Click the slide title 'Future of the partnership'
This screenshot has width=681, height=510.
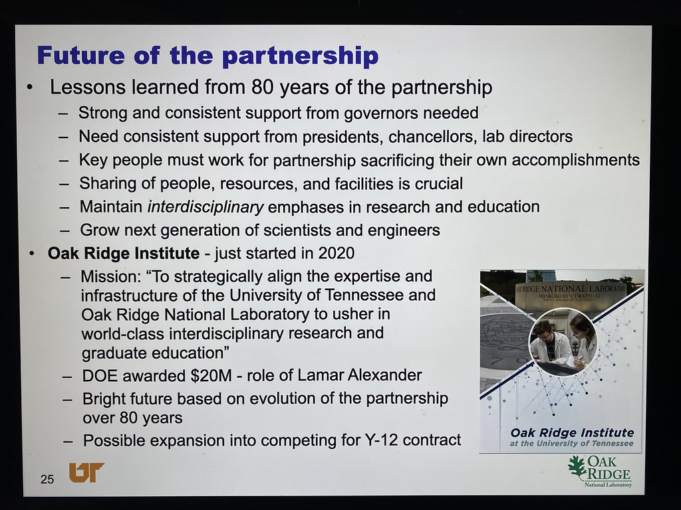(x=207, y=56)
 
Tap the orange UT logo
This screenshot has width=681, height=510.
(x=86, y=472)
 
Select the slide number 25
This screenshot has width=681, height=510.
(x=47, y=479)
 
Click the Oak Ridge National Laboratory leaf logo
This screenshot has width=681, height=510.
(x=600, y=471)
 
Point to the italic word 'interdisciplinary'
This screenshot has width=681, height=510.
(x=205, y=207)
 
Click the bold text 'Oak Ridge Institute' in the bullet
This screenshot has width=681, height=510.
(x=124, y=253)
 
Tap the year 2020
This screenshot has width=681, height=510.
(x=336, y=253)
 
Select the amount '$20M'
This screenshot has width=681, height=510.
(x=211, y=375)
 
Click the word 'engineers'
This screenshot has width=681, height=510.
(x=404, y=230)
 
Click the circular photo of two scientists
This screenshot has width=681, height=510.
(x=563, y=342)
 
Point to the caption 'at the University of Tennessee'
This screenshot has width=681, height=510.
(x=571, y=443)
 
